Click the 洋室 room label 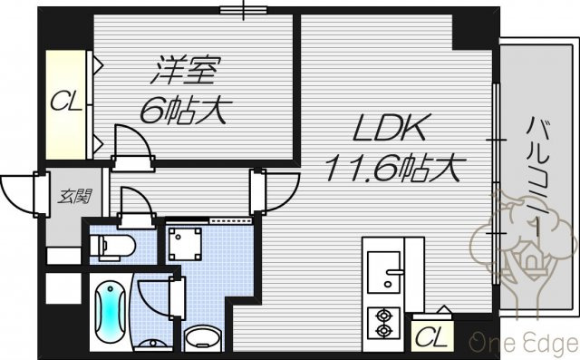point(186,70)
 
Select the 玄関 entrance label point(75,197)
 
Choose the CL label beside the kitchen point(430,336)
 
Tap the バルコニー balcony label point(537,177)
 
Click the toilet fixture point(112,245)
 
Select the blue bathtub point(110,312)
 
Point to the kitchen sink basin point(383,272)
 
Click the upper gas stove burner point(383,316)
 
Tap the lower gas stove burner point(383,330)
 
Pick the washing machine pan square point(185,244)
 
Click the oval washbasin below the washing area point(202,337)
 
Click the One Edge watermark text point(525,343)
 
